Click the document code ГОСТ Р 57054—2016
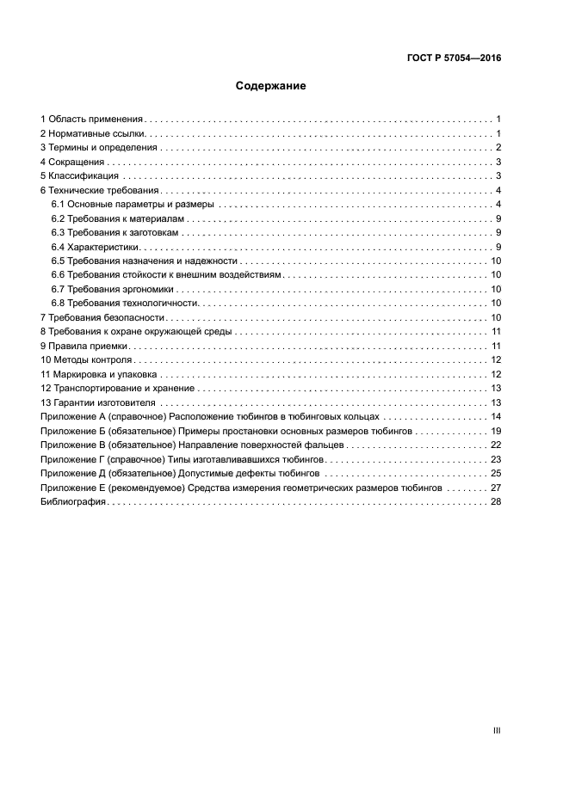[x=454, y=59]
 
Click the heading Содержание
[x=271, y=86]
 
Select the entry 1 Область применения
[x=92, y=120]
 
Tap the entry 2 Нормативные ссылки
[x=94, y=134]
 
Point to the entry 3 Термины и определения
[x=99, y=148]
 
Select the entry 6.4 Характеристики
[x=96, y=248]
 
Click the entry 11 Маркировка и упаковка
[x=99, y=374]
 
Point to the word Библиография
[x=73, y=501]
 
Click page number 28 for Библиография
[x=496, y=501]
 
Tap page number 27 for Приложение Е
[x=496, y=488]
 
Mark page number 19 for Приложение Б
[x=496, y=431]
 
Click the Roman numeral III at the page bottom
[x=497, y=730]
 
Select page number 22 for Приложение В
[x=496, y=445]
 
